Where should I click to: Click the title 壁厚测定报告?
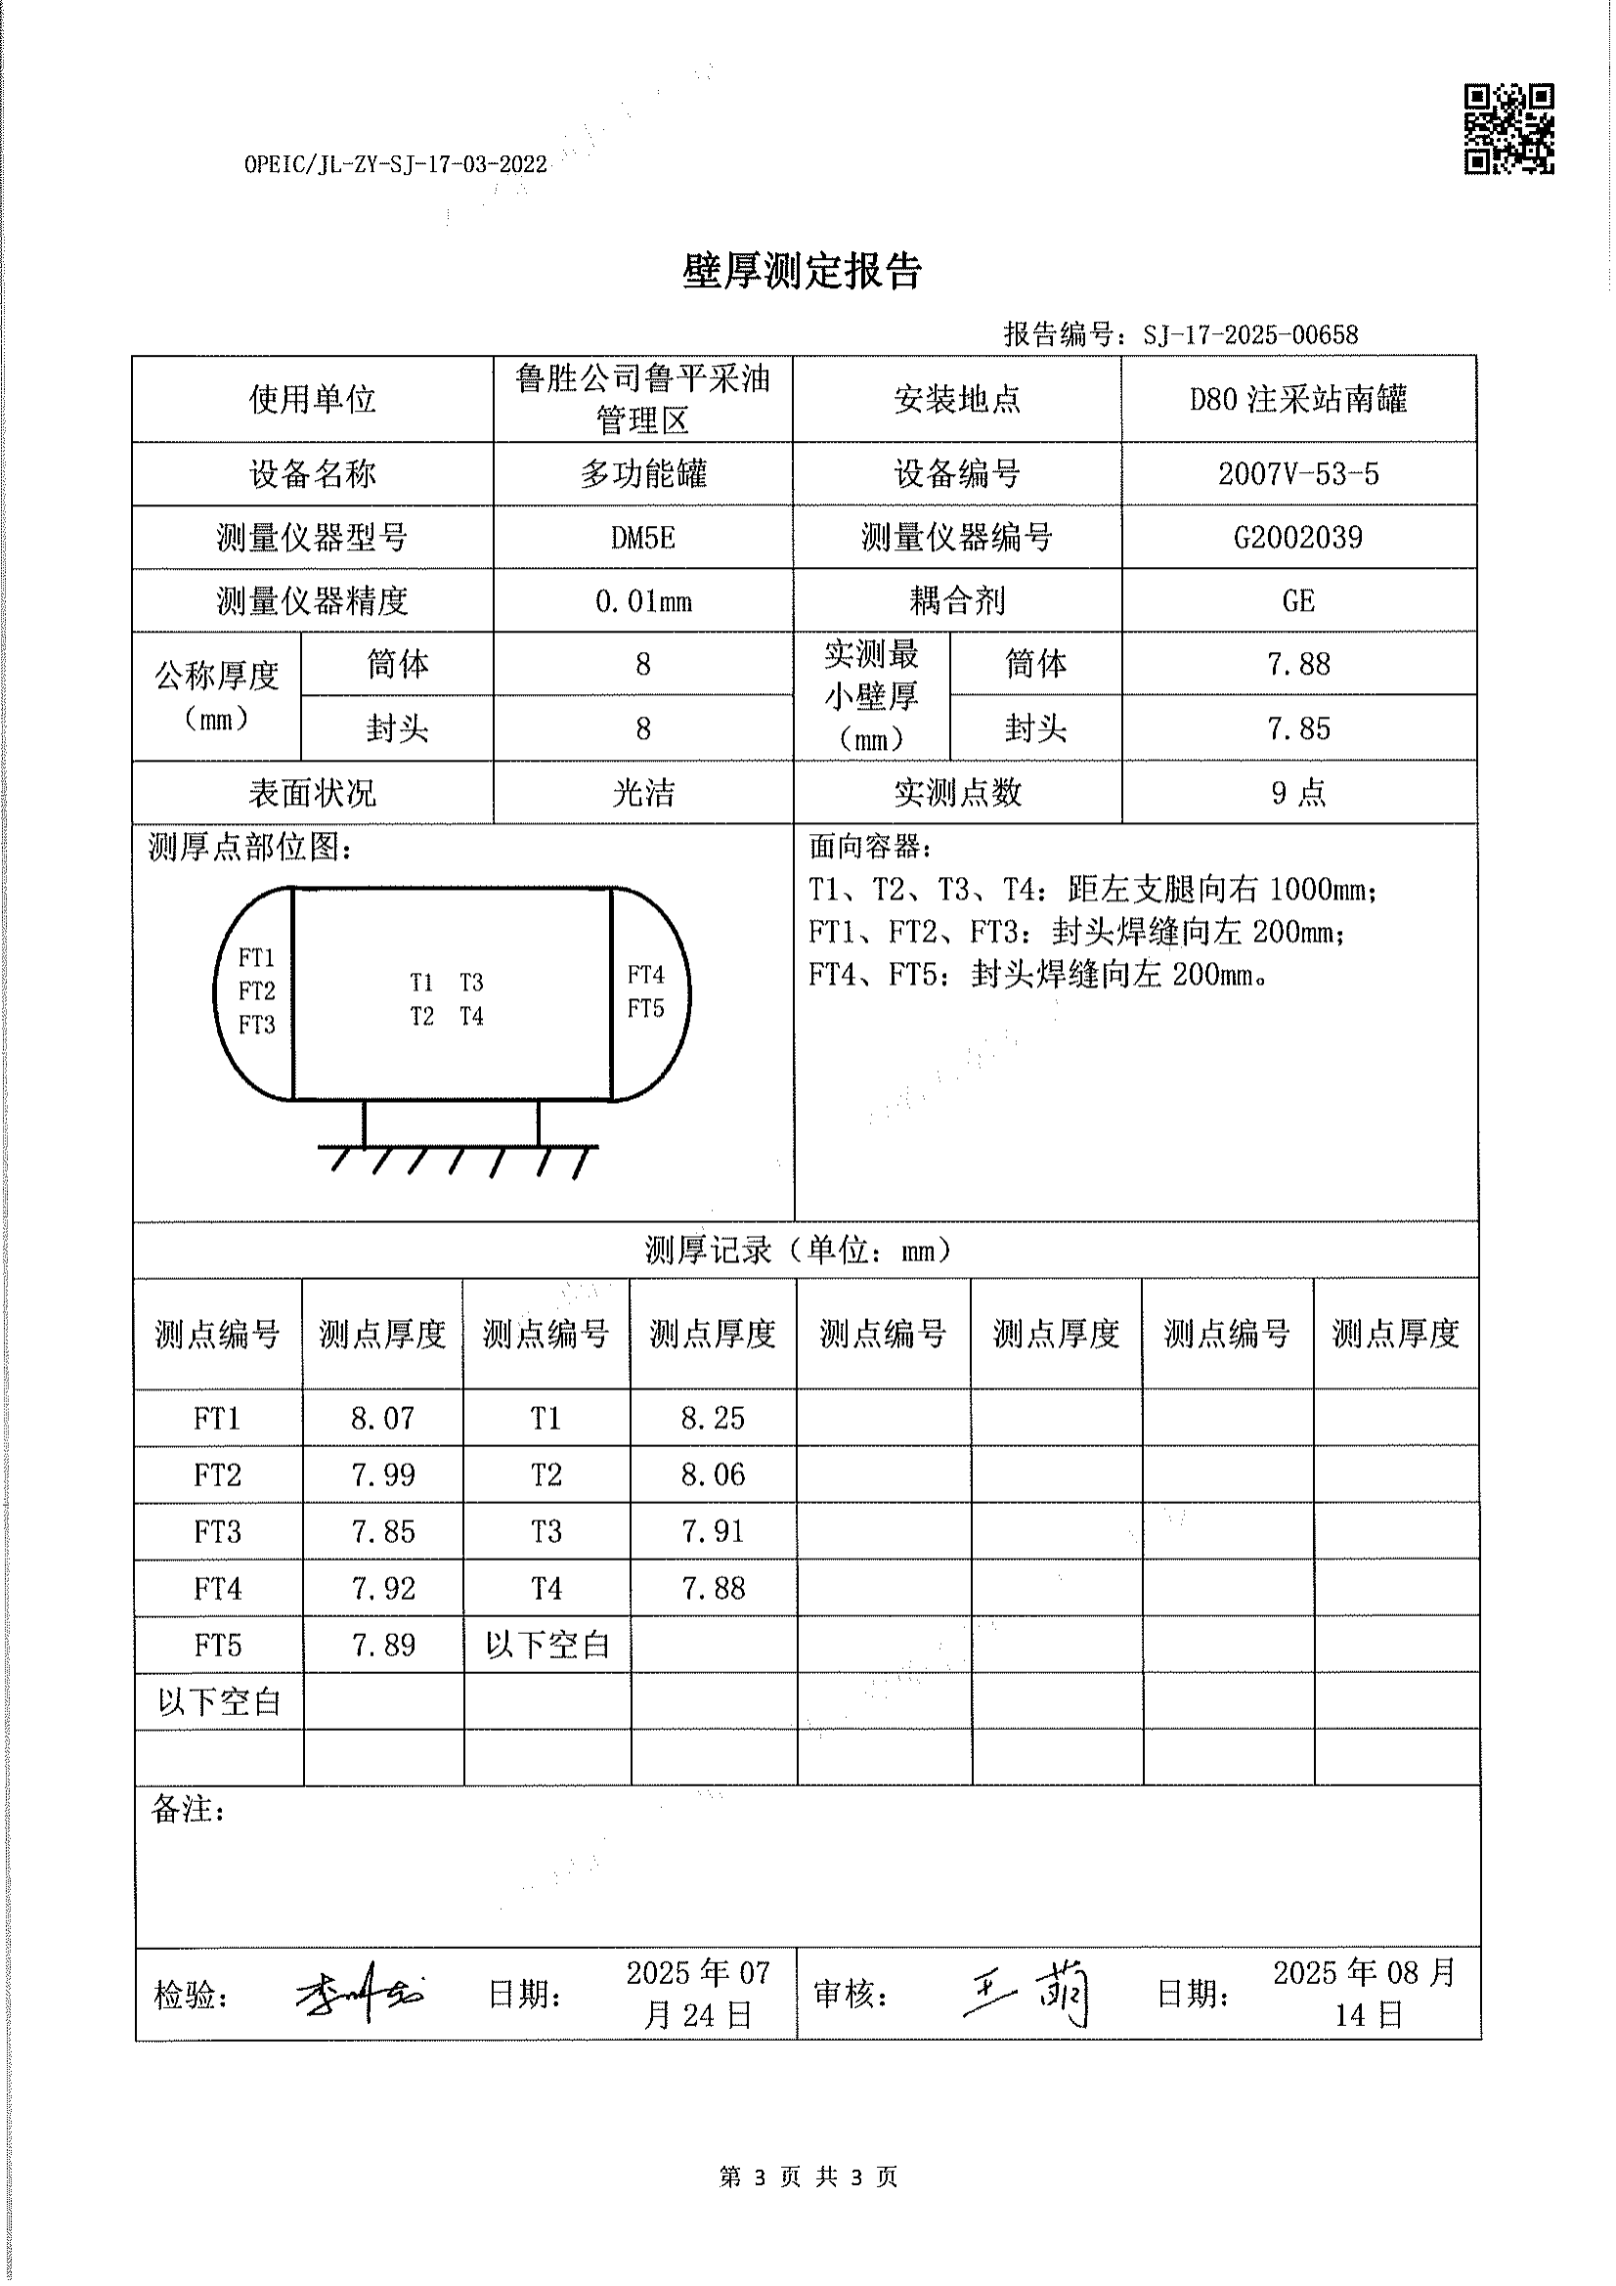point(802,271)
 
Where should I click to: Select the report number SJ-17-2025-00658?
point(1249,335)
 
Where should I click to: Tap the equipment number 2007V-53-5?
point(1297,474)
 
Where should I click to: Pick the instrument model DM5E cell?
point(642,538)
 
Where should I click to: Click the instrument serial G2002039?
point(1297,538)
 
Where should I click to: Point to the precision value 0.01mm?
point(642,601)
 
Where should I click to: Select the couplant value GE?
point(1297,601)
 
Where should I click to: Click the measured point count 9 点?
point(1297,793)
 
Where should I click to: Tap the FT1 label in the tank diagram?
point(256,958)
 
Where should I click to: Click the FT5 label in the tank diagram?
point(645,1009)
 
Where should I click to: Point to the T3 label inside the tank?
point(471,983)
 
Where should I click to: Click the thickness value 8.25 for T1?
point(712,1418)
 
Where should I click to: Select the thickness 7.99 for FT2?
point(382,1474)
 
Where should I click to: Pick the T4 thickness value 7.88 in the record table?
point(712,1588)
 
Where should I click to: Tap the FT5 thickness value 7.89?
point(382,1645)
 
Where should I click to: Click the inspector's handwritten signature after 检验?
point(359,1994)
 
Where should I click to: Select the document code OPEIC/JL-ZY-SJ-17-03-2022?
point(395,165)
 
